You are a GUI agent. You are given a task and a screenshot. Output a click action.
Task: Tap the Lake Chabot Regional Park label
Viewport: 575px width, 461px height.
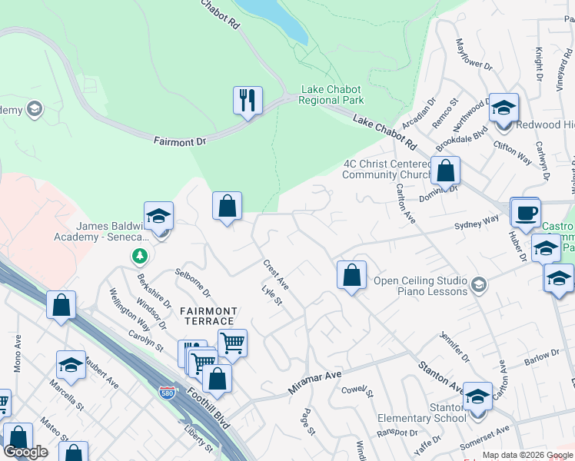[x=331, y=95]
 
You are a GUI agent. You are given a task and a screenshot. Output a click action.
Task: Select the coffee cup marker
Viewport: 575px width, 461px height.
[x=526, y=212]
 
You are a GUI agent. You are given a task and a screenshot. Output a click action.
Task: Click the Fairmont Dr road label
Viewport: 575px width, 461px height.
[x=181, y=141]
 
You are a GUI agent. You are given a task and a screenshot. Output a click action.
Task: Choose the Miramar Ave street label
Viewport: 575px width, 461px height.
[x=314, y=381]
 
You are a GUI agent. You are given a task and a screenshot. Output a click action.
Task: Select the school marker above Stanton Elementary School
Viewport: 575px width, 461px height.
[x=477, y=396]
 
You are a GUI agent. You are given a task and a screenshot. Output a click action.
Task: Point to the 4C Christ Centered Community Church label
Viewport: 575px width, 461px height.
[x=387, y=169]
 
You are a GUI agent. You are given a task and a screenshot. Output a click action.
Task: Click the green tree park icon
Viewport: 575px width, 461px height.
[x=139, y=255]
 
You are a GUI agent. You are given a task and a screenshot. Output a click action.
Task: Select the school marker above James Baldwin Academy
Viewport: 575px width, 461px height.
[x=158, y=216]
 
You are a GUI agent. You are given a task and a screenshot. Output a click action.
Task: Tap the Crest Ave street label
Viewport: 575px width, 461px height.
[x=275, y=275]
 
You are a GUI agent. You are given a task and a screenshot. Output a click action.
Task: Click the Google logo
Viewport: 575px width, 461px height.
[x=25, y=452]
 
